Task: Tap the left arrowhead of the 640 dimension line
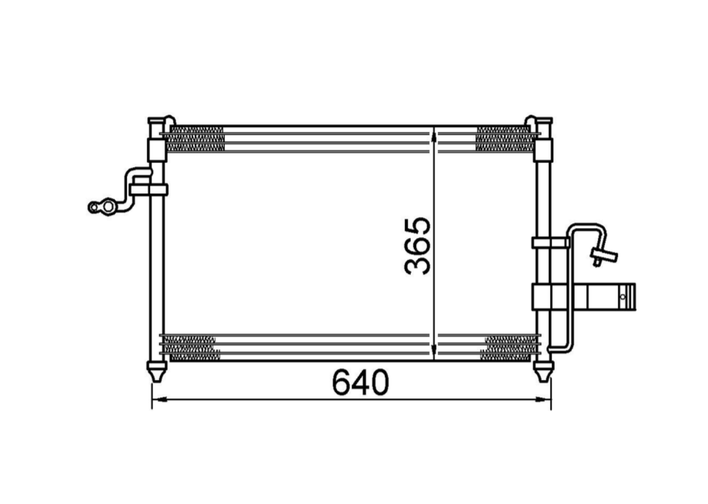click(x=157, y=399)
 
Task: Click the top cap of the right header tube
click(x=543, y=121)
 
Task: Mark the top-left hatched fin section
click(x=195, y=139)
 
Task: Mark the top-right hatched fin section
click(x=505, y=139)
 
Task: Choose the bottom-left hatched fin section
click(x=191, y=348)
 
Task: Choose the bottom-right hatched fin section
click(x=509, y=348)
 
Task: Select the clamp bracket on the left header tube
click(x=149, y=189)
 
